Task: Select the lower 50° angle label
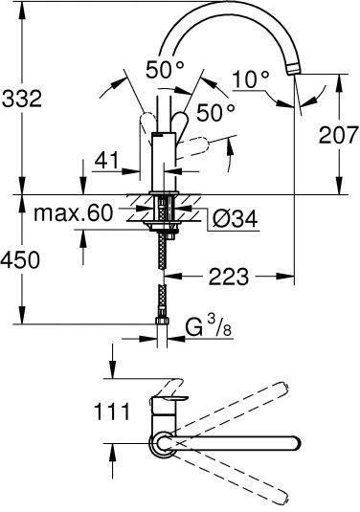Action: (x=214, y=112)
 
